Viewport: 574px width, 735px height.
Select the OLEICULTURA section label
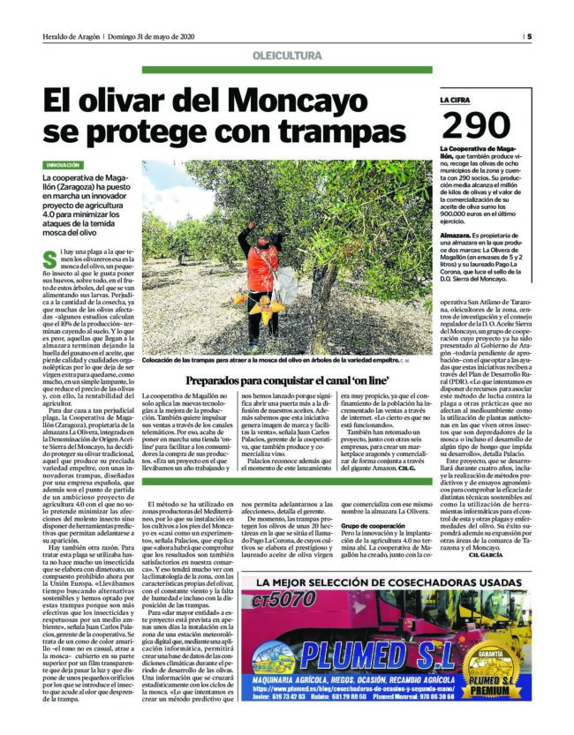(286, 55)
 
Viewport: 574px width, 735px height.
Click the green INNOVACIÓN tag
(64, 165)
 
